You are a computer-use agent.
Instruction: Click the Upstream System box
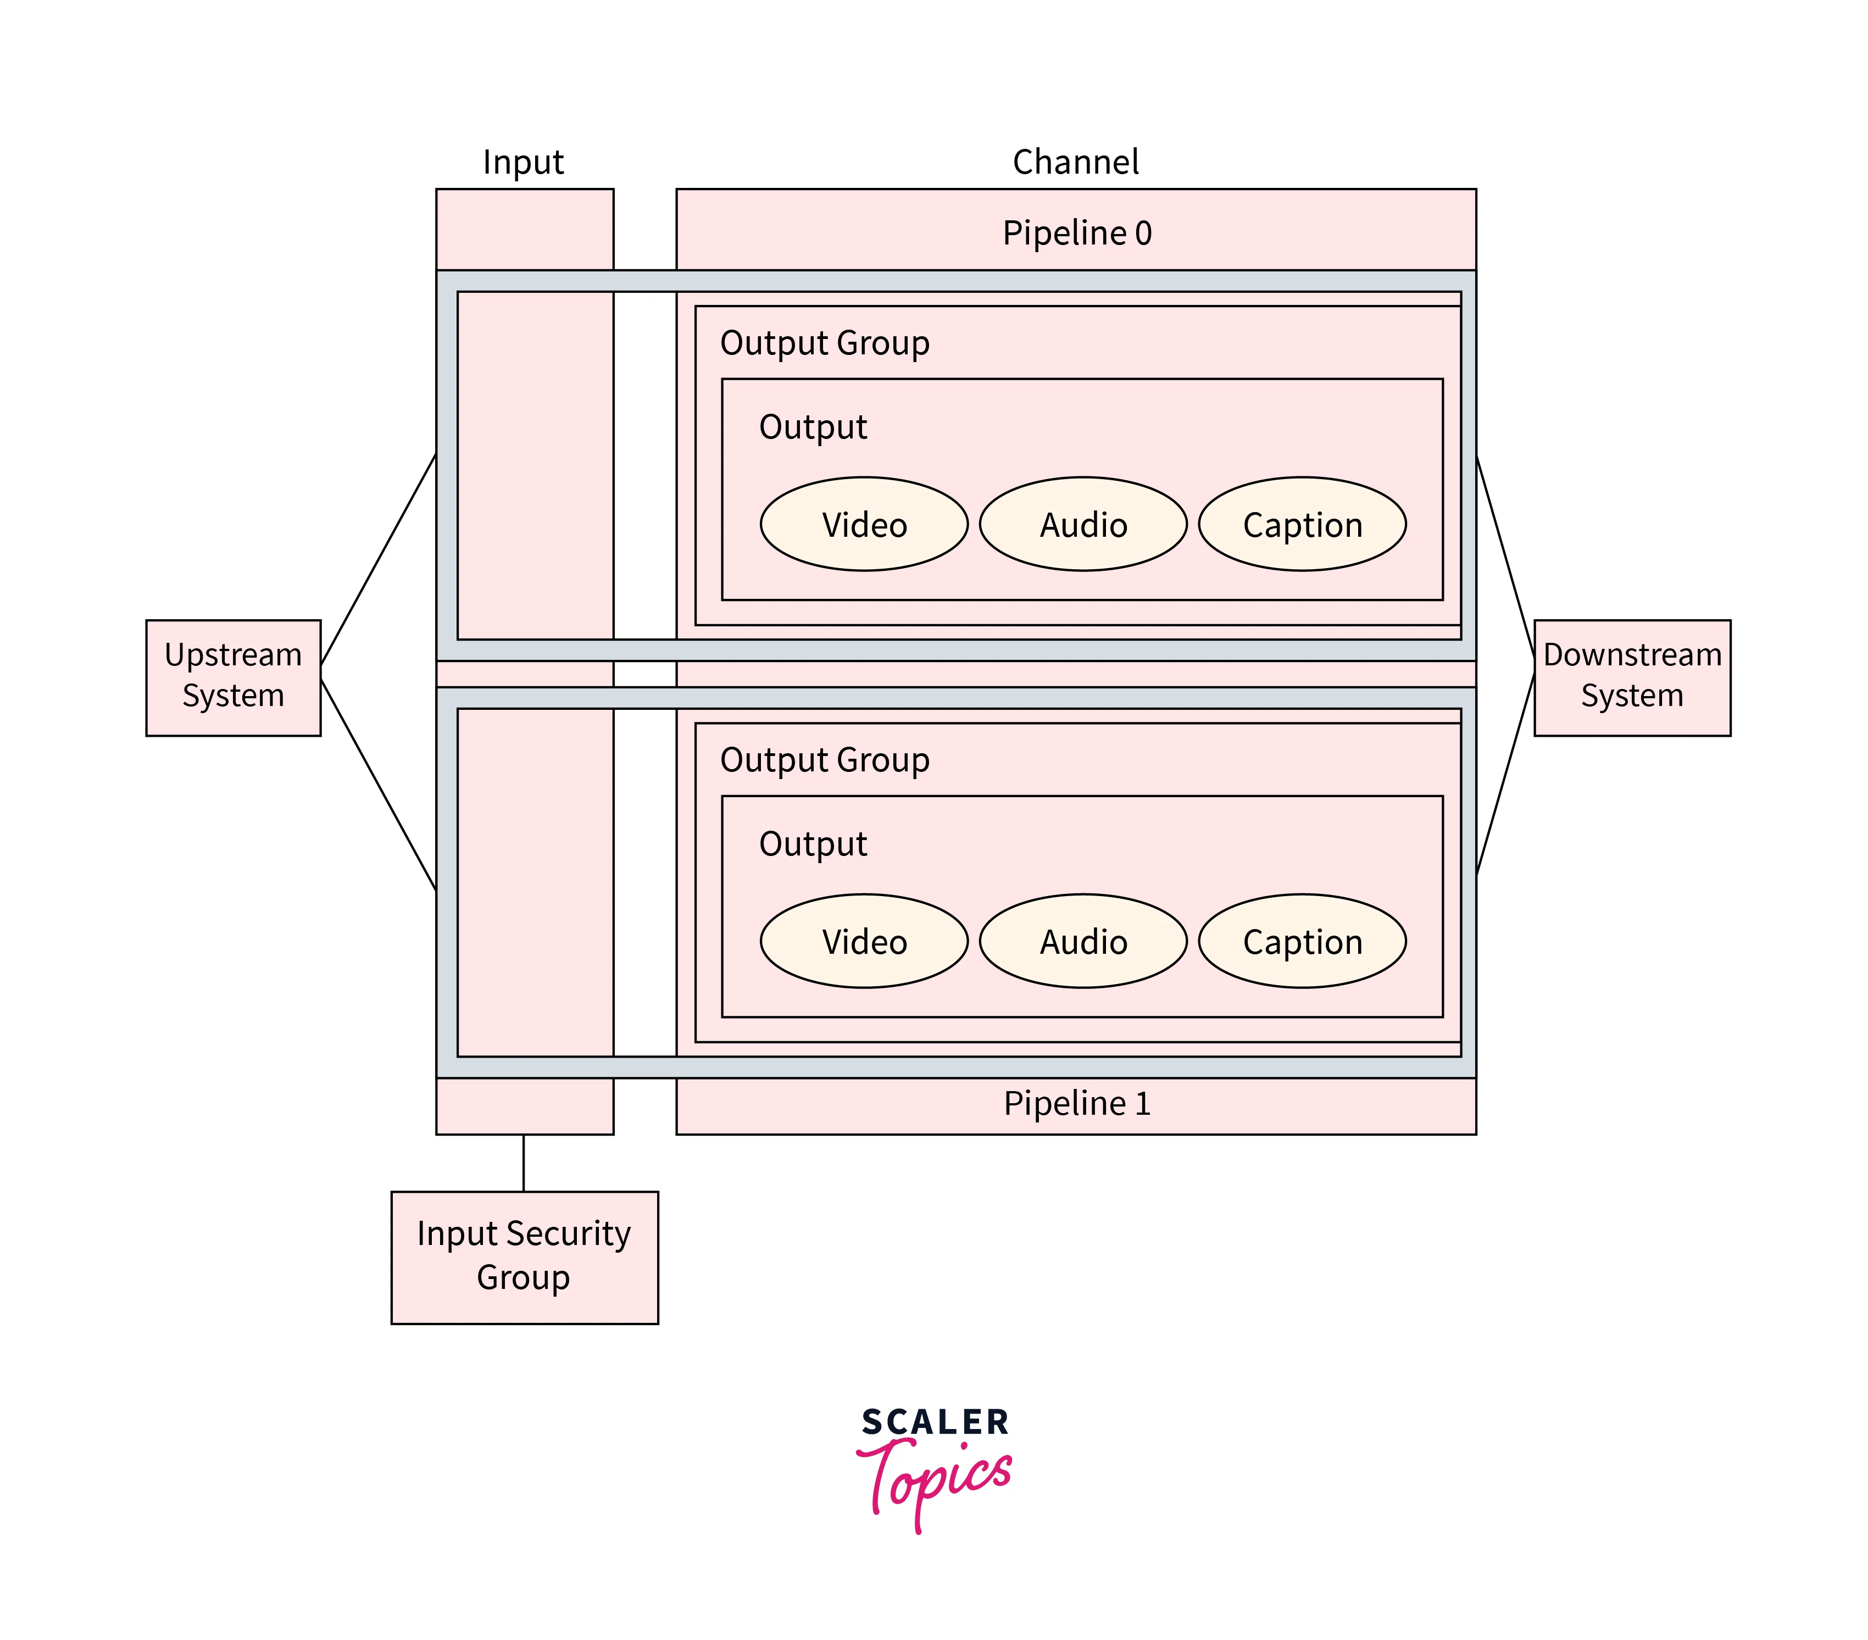tap(233, 677)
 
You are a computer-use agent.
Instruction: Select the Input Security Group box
tap(524, 1257)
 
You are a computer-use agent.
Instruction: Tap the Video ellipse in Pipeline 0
tap(864, 525)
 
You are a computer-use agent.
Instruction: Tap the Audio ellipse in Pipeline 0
tap(1083, 525)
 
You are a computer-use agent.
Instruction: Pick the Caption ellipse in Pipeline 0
tap(1302, 525)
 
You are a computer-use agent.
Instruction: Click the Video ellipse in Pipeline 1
tap(864, 941)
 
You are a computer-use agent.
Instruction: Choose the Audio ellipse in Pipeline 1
tap(1083, 941)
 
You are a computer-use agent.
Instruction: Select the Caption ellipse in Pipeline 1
tap(1302, 941)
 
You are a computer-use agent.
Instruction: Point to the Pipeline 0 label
tap(1076, 233)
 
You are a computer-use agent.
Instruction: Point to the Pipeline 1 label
tap(1076, 1104)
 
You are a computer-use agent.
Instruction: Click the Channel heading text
tap(1076, 162)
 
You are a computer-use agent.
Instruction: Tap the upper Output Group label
tap(824, 343)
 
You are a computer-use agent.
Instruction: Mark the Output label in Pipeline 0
tap(813, 427)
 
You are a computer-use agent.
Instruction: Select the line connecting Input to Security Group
tap(524, 1162)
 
